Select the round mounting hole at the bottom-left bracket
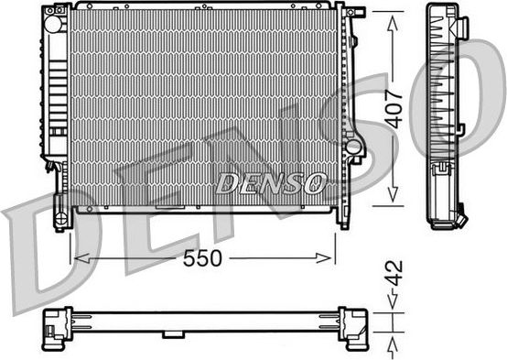(61, 217)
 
